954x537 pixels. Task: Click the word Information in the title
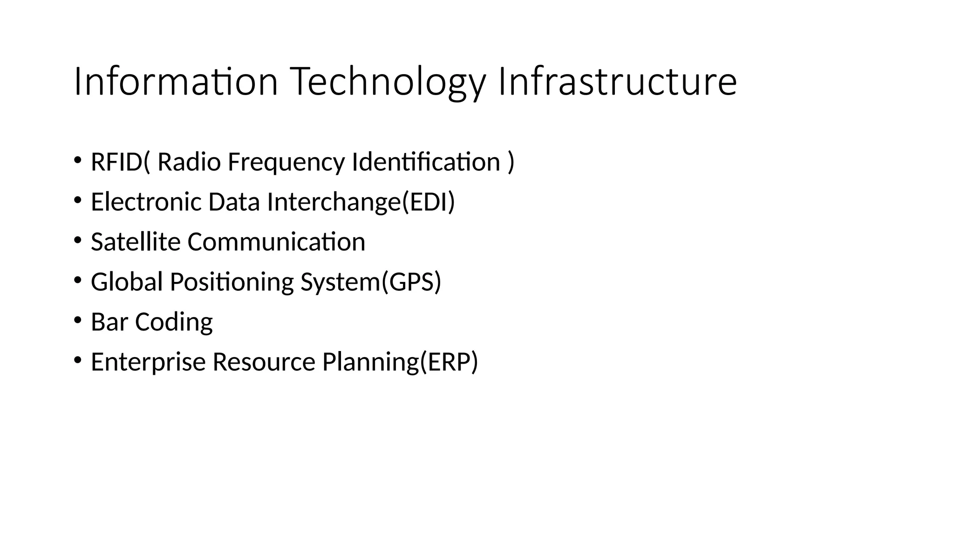176,82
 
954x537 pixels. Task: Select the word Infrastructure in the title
617,82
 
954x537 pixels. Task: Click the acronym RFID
116,162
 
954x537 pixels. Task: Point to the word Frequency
286,162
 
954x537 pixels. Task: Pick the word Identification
426,162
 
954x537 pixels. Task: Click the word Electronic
146,202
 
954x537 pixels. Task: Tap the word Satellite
136,242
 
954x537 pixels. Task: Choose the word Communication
276,242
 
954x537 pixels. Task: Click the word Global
127,282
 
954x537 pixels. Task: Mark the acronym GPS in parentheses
411,282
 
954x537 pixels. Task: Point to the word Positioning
232,282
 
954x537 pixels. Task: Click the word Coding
174,322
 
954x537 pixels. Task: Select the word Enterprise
148,362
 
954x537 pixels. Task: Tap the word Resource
264,362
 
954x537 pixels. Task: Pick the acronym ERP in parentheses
449,362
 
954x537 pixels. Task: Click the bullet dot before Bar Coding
77,320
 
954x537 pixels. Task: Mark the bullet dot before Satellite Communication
77,240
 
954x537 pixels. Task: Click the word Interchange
334,202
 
